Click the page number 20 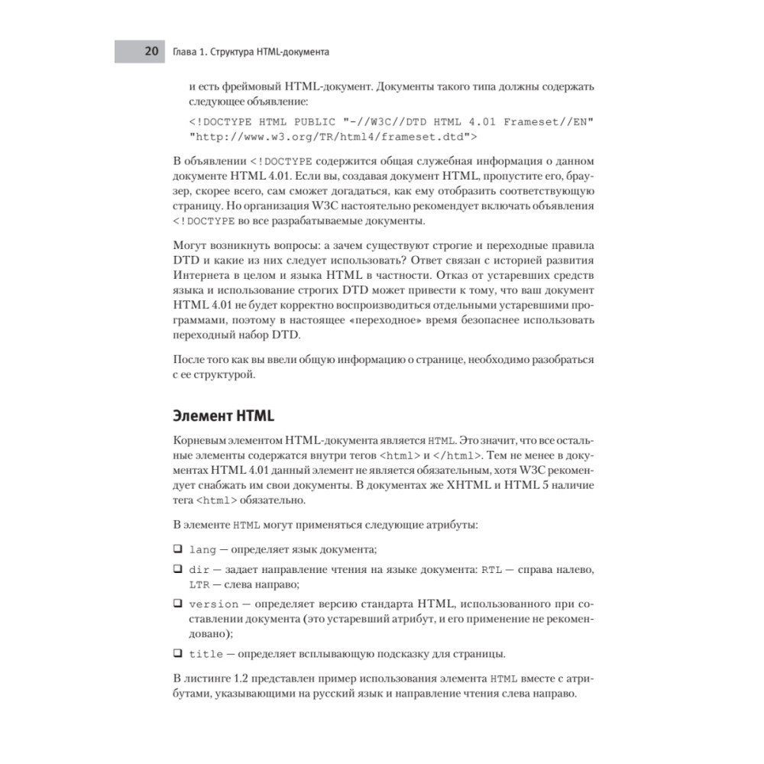[151, 52]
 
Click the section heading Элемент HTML [222, 416]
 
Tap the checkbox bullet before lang [177, 549]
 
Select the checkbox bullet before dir [177, 570]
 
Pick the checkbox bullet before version [177, 604]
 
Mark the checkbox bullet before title [177, 653]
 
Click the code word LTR [199, 584]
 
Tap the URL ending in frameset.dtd [333, 138]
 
